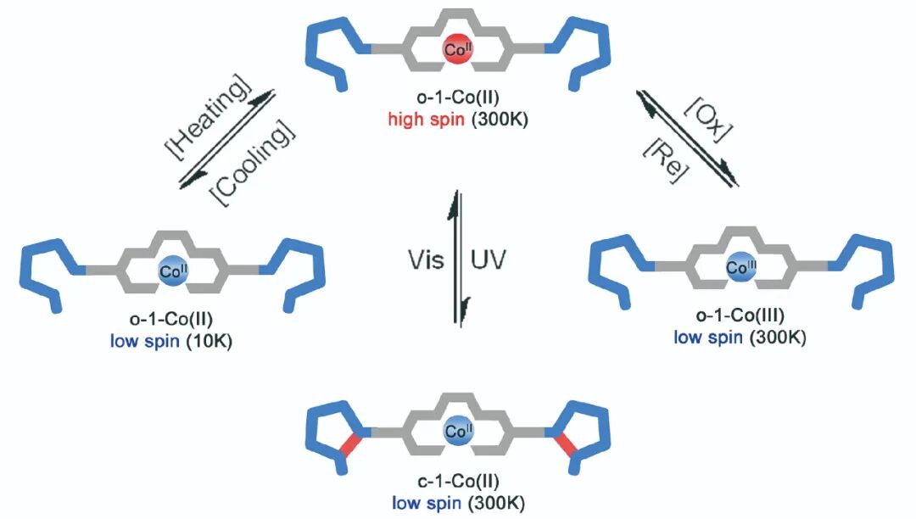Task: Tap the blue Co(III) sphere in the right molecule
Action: point(736,269)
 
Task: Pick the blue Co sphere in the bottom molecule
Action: point(457,432)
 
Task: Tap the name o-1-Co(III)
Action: point(736,316)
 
